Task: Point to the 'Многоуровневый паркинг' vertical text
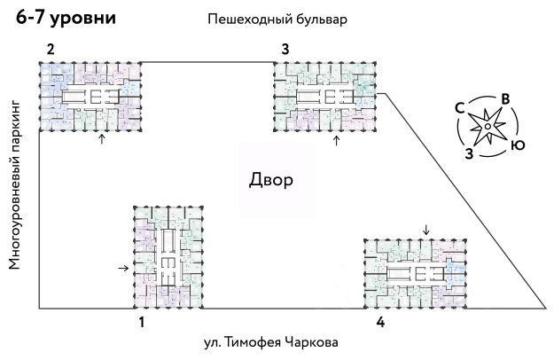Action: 14,185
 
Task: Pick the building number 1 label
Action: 141,323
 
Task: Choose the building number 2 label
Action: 51,49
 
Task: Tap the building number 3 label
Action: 285,49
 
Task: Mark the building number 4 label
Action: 380,323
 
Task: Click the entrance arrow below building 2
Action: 101,140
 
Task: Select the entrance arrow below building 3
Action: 336,139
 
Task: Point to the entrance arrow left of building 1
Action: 123,267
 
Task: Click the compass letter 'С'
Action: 460,108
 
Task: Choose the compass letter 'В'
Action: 503,98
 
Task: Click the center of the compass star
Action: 488,128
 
